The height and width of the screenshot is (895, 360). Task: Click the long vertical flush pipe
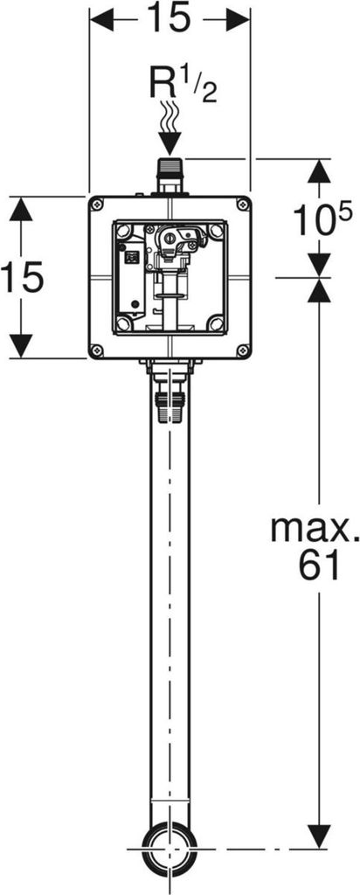point(170,612)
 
